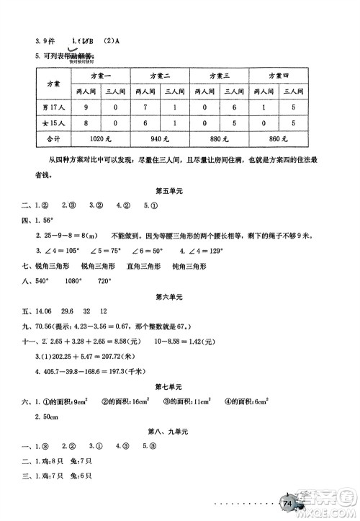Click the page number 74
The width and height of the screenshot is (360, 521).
point(289,502)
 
